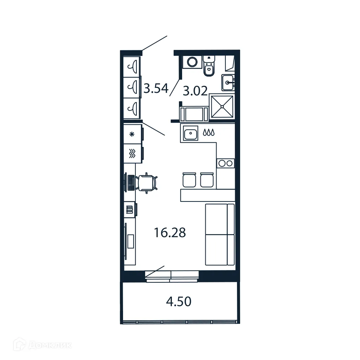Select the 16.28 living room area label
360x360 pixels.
click(x=170, y=232)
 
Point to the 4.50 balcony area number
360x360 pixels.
click(x=178, y=301)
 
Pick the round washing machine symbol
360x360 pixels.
click(x=192, y=62)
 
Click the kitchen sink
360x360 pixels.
click(x=190, y=133)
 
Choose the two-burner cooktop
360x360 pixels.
click(x=225, y=163)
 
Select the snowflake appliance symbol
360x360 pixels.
click(x=132, y=134)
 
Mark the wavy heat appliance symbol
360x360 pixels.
click(x=132, y=153)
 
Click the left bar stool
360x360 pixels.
click(x=189, y=180)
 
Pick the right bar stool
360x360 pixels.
click(x=207, y=180)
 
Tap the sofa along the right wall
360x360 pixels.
click(x=220, y=234)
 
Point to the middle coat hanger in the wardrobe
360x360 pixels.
click(x=133, y=86)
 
